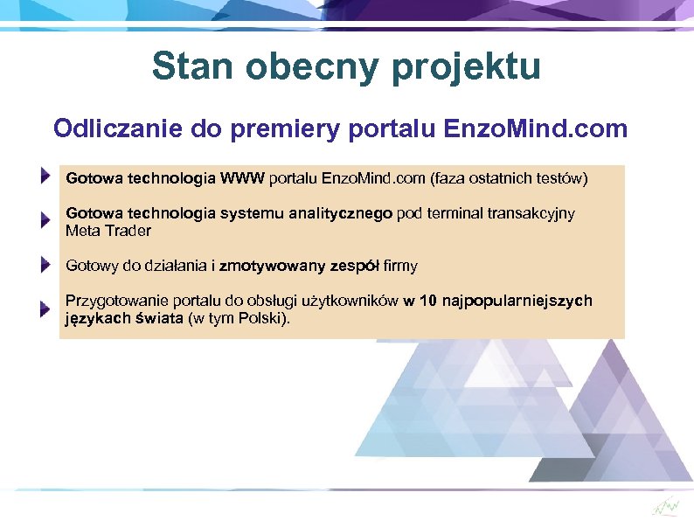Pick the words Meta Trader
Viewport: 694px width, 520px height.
click(x=108, y=231)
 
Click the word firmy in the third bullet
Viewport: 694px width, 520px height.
click(x=399, y=266)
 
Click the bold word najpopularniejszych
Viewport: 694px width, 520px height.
click(x=517, y=301)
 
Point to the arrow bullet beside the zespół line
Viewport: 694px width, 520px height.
click(x=45, y=263)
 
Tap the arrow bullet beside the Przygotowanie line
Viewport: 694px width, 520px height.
click(x=45, y=309)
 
